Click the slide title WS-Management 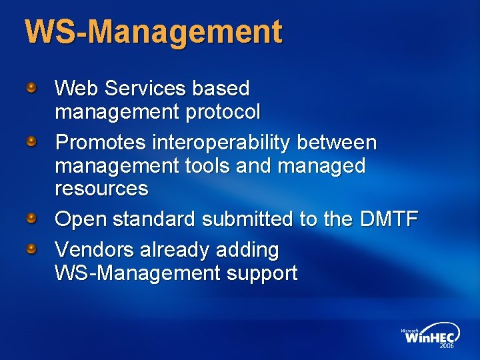click(153, 33)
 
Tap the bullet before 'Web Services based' click(31, 87)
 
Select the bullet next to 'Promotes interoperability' click(31, 141)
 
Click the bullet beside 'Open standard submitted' click(31, 217)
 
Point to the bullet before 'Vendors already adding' click(31, 249)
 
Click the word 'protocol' click(223, 112)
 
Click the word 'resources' click(101, 189)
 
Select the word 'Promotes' click(100, 143)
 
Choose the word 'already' click(175, 250)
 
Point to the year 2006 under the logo click(446, 347)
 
